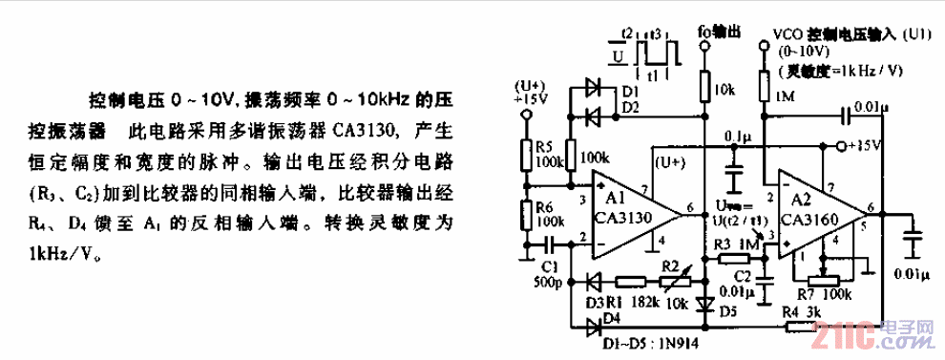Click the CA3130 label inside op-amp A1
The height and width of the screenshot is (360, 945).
625,218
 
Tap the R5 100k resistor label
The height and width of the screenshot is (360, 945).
547,157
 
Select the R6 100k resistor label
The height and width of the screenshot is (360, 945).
547,214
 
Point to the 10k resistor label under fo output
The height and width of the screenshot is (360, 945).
724,90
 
